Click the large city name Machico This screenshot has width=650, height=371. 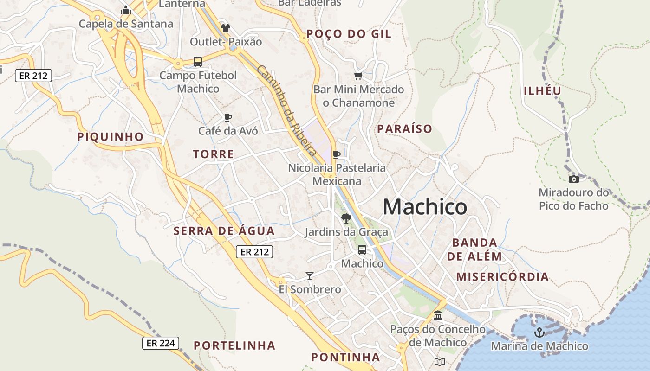[x=425, y=207]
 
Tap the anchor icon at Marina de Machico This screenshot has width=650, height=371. [x=539, y=332]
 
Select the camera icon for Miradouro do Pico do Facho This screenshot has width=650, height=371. [x=574, y=179]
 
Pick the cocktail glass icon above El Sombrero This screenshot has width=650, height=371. [x=310, y=276]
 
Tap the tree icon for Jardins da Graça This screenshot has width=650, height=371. [x=346, y=218]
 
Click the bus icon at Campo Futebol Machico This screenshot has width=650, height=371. [x=198, y=61]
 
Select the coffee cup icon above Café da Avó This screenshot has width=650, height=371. [x=227, y=117]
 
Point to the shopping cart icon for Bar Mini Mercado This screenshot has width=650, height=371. [x=358, y=76]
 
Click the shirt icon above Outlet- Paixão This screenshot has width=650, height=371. [x=226, y=28]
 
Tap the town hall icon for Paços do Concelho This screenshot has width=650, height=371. [x=437, y=315]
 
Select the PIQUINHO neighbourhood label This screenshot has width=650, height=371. [x=110, y=137]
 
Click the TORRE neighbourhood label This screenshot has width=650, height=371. [x=214, y=154]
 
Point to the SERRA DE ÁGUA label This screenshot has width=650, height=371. [x=224, y=231]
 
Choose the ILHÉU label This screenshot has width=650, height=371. [x=542, y=91]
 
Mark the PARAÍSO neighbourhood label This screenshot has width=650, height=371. [x=404, y=129]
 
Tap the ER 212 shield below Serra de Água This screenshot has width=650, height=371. [x=254, y=252]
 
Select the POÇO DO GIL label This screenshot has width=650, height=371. [x=349, y=34]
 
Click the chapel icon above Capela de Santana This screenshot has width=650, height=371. [x=126, y=10]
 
